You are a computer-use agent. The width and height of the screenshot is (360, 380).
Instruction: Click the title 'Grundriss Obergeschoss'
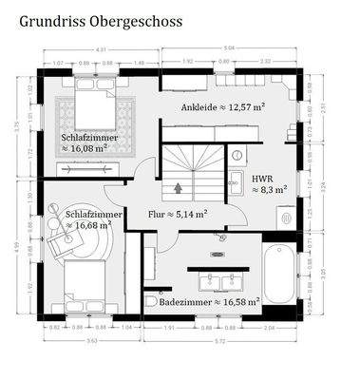(x=103, y=19)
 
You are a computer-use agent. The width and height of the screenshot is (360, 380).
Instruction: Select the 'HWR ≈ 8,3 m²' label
(x=268, y=183)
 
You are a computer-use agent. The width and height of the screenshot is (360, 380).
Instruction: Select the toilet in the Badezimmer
(x=151, y=301)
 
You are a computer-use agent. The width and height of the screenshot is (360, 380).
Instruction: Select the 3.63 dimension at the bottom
(x=90, y=340)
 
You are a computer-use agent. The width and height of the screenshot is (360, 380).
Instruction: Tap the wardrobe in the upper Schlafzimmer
(x=91, y=168)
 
